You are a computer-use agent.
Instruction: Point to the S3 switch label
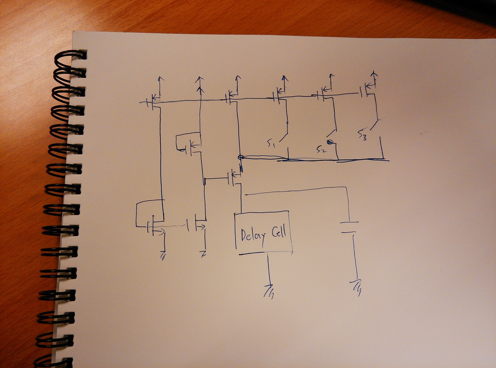click(x=362, y=135)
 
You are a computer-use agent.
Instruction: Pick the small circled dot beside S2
click(x=329, y=142)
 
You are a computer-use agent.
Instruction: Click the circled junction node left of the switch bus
click(x=241, y=157)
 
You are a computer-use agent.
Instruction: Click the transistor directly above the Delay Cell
click(x=234, y=178)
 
